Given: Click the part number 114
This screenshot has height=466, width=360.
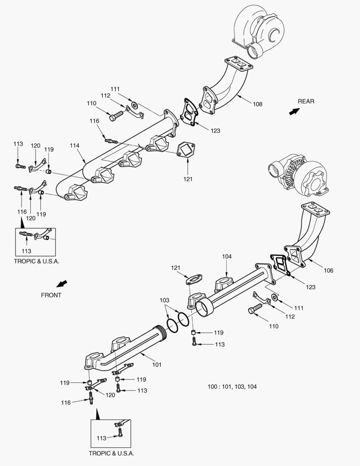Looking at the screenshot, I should [x=75, y=146].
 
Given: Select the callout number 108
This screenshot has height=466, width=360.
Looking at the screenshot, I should [x=257, y=104].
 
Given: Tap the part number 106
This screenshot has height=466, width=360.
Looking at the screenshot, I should [x=329, y=271].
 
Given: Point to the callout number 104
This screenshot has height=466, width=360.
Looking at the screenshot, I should [x=227, y=256].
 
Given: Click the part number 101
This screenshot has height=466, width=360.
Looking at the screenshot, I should [x=157, y=365].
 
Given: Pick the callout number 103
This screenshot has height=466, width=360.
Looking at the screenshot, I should [x=165, y=300].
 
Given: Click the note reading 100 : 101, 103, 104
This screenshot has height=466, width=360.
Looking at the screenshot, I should [x=232, y=387].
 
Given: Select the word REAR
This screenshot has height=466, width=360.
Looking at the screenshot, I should [x=306, y=101].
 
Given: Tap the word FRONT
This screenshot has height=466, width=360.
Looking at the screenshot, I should [x=51, y=295].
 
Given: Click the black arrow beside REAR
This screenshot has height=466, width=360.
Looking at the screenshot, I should [x=294, y=111].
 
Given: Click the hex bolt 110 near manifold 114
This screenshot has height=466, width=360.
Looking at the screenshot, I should [x=114, y=116].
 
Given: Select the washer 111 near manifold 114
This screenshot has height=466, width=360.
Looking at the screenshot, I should [x=134, y=105].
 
